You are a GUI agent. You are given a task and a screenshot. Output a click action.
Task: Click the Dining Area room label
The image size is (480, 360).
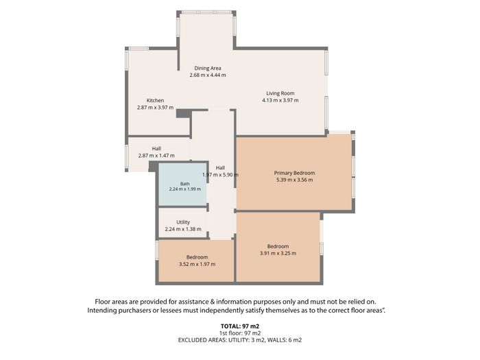pyautogui.click(x=208, y=68)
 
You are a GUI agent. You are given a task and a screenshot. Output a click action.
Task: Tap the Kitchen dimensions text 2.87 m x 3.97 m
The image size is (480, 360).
pyautogui.click(x=155, y=108)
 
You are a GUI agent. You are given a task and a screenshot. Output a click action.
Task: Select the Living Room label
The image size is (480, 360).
pyautogui.click(x=280, y=93)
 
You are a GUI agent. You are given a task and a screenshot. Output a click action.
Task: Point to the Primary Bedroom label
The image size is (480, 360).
pyautogui.click(x=294, y=173)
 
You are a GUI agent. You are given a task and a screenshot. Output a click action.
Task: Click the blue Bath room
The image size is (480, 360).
pyautogui.click(x=182, y=184)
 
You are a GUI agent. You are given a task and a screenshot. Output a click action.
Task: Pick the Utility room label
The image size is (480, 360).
pyautogui.click(x=183, y=222)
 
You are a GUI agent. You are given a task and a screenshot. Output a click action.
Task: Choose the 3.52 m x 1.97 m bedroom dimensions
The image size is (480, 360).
pyautogui.click(x=197, y=264)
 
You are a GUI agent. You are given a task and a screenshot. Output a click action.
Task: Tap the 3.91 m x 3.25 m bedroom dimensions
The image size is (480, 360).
pyautogui.click(x=278, y=253)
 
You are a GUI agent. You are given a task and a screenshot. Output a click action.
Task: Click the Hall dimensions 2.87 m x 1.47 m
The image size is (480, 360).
pyautogui.click(x=156, y=156)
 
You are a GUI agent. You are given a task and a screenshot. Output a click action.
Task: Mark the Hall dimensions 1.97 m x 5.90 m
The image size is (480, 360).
pyautogui.click(x=220, y=175)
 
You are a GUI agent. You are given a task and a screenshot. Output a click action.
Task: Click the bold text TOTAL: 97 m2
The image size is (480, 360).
pyautogui.click(x=240, y=326)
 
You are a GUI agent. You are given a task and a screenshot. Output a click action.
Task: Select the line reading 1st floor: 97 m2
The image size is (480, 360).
pyautogui.click(x=240, y=333)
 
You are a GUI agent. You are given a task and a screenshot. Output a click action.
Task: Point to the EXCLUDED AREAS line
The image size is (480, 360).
pyautogui.click(x=240, y=340)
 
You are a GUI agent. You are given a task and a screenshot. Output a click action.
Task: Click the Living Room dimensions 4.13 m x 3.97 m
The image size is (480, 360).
pyautogui.click(x=280, y=100)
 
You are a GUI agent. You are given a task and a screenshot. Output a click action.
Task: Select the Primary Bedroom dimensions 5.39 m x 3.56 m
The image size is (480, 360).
pyautogui.click(x=294, y=180)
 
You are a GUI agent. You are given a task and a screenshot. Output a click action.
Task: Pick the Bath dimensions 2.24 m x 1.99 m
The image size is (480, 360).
pyautogui.click(x=185, y=189)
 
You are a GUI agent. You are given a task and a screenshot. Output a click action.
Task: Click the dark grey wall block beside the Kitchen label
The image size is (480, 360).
pyautogui.click(x=183, y=114)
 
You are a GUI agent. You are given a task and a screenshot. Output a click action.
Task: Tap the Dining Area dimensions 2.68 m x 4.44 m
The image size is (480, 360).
pyautogui.click(x=208, y=75)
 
